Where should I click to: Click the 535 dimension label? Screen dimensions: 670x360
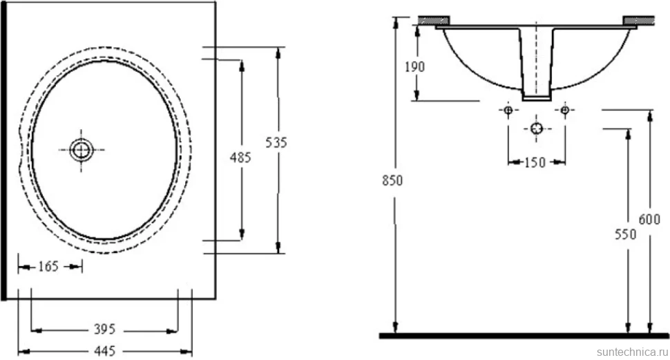tap(276, 142)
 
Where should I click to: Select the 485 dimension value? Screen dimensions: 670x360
tap(240, 158)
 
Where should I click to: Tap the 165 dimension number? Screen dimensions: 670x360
tap(48, 267)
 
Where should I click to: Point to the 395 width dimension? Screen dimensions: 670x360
tap(105, 329)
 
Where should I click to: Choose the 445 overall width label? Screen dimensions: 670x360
tap(105, 351)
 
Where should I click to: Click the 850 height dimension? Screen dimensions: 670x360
tap(392, 181)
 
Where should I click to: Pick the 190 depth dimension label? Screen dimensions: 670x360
tap(415, 67)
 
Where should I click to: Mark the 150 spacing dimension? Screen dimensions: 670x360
tap(535, 162)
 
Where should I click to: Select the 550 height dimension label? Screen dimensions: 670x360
tap(626, 234)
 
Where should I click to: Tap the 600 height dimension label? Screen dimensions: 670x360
tap(649, 219)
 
